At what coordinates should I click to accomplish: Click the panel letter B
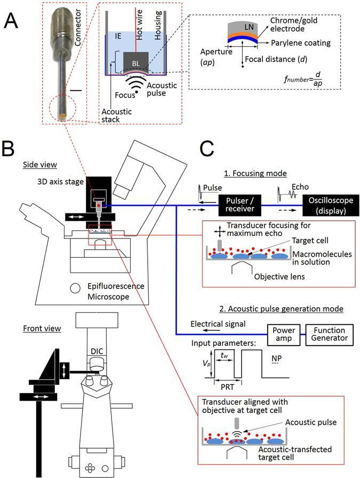pyautogui.click(x=12, y=149)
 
